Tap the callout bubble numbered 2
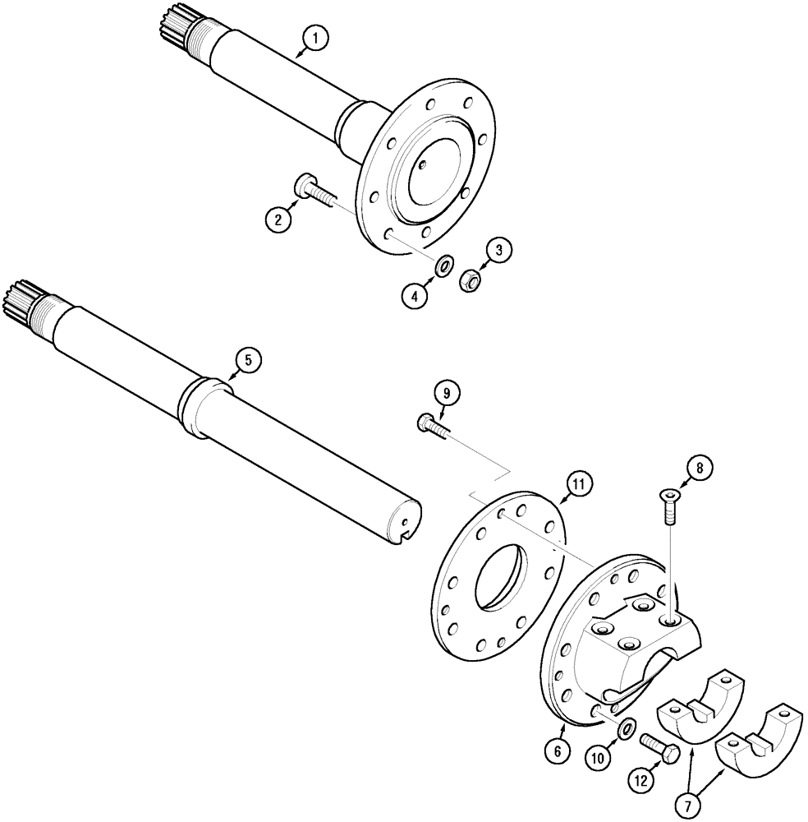coord(279,219)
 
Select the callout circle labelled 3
coord(497,250)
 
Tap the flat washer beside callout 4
coord(444,265)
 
